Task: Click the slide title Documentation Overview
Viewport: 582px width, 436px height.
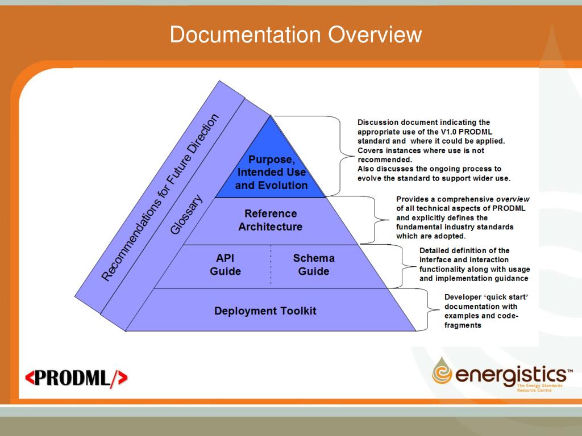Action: (x=296, y=35)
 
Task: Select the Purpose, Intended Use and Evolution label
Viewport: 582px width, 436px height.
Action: (x=271, y=171)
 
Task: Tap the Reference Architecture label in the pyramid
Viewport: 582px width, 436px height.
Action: (x=271, y=220)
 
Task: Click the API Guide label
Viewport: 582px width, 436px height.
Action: (x=226, y=265)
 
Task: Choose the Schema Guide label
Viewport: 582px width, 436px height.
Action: (x=314, y=265)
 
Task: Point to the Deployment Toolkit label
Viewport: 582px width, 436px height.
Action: (x=265, y=311)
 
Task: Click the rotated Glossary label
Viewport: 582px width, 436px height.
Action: (x=186, y=215)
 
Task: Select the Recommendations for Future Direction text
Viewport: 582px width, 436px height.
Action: (x=160, y=197)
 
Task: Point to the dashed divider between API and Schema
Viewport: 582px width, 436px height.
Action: (x=271, y=265)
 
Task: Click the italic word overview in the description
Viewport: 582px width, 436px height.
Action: (x=513, y=199)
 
